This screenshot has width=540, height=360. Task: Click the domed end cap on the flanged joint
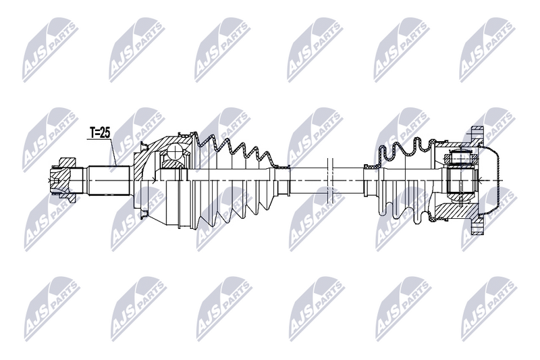pos(500,180)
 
